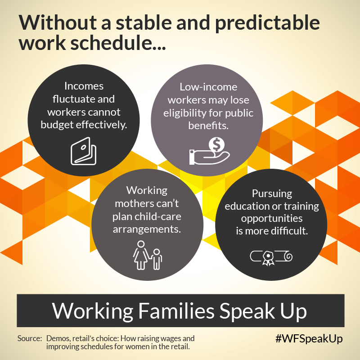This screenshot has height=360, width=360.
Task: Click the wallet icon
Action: (84, 151)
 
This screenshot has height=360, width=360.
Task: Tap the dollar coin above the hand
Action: (216, 144)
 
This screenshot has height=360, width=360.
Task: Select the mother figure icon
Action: (141, 255)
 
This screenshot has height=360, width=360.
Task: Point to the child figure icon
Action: (157, 259)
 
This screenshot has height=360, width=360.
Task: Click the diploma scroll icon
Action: (271, 257)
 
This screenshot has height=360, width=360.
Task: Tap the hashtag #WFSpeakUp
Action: (309, 339)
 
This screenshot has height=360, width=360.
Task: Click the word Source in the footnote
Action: (29, 338)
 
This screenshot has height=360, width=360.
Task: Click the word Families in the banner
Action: (176, 310)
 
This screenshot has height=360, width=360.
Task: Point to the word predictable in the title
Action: (267, 23)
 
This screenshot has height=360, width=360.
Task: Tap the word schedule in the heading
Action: (111, 43)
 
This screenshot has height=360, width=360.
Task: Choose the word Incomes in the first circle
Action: (84, 86)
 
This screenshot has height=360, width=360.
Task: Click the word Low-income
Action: (208, 87)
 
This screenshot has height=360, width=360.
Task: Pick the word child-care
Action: (158, 217)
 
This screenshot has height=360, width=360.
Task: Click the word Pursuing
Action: (272, 194)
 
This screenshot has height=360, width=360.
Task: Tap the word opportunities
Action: (272, 219)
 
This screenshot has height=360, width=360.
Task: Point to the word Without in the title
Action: (58, 22)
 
